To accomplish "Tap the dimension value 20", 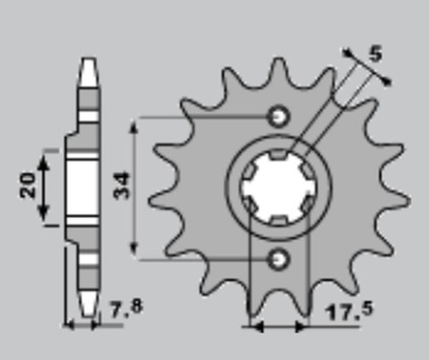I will [28, 186].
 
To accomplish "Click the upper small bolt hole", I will [277, 116].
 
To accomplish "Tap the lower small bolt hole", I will [277, 259].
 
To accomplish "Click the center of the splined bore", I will [277, 188].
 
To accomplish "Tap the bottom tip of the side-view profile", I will [87, 314].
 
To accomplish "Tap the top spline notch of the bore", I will [277, 158].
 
